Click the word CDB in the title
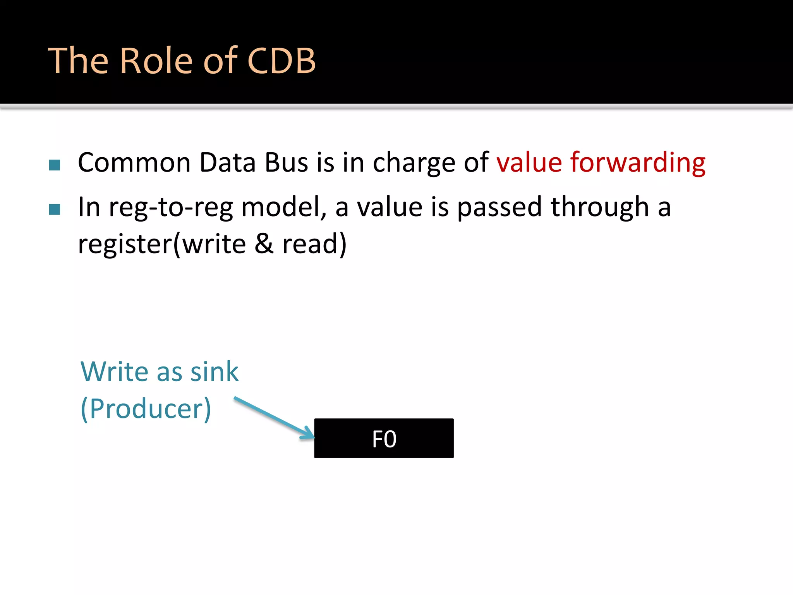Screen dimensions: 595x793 point(281,60)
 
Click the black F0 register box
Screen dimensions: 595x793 point(384,438)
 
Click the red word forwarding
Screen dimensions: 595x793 point(638,163)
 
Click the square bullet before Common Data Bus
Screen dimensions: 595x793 point(55,165)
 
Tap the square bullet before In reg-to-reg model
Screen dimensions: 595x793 point(55,209)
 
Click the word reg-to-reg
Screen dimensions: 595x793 point(171,208)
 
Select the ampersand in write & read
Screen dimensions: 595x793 point(264,244)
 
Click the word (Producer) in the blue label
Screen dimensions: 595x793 point(146,409)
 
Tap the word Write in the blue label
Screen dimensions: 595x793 point(114,371)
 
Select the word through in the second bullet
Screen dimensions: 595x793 point(599,208)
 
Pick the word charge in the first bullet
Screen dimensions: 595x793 point(414,163)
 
